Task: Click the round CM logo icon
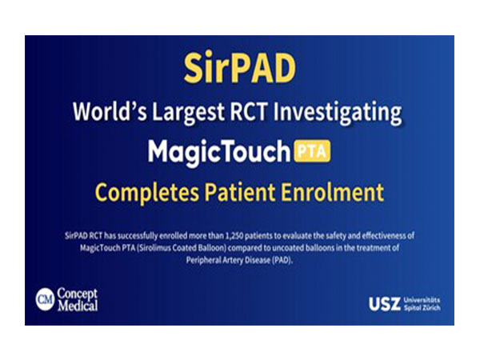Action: pyautogui.click(x=45, y=299)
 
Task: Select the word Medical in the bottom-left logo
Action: pyautogui.click(x=78, y=306)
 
